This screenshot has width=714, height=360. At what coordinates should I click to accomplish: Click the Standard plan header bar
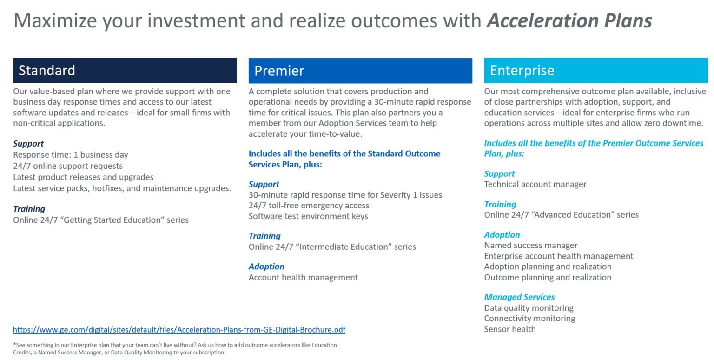pyautogui.click(x=125, y=70)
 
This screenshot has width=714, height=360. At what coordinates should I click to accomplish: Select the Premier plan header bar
pyautogui.click(x=360, y=71)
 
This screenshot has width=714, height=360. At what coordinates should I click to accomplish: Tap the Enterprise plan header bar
pyautogui.click(x=595, y=71)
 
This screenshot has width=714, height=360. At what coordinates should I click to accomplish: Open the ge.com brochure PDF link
pyautogui.click(x=179, y=330)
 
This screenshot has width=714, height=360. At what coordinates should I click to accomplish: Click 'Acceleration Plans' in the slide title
pyautogui.click(x=569, y=21)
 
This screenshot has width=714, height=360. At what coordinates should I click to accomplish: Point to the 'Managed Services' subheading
pyautogui.click(x=519, y=297)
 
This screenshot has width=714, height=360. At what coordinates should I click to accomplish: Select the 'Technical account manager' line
pyautogui.click(x=535, y=184)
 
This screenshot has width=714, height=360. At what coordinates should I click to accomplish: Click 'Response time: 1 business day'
pyautogui.click(x=71, y=155)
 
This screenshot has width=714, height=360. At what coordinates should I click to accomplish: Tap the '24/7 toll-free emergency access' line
pyautogui.click(x=309, y=206)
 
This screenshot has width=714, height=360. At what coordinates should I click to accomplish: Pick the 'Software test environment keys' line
pyautogui.click(x=308, y=216)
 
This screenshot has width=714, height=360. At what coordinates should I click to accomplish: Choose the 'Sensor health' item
pyautogui.click(x=510, y=329)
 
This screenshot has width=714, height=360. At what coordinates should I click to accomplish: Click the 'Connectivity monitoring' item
pyautogui.click(x=529, y=319)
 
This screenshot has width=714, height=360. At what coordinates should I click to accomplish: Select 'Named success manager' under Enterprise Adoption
pyautogui.click(x=531, y=246)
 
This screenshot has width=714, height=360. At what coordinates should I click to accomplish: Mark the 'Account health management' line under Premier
pyautogui.click(x=303, y=278)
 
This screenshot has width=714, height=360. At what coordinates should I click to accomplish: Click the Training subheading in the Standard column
pyautogui.click(x=29, y=209)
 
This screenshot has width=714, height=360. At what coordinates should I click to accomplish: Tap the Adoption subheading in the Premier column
pyautogui.click(x=266, y=267)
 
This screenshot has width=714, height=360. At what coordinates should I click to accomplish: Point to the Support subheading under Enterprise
pyautogui.click(x=499, y=173)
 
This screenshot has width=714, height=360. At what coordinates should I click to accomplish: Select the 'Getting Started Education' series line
pyautogui.click(x=101, y=220)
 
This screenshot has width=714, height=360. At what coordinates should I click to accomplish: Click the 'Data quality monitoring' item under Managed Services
pyautogui.click(x=529, y=308)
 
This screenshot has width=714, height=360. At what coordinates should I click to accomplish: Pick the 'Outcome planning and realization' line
pyautogui.click(x=548, y=278)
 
